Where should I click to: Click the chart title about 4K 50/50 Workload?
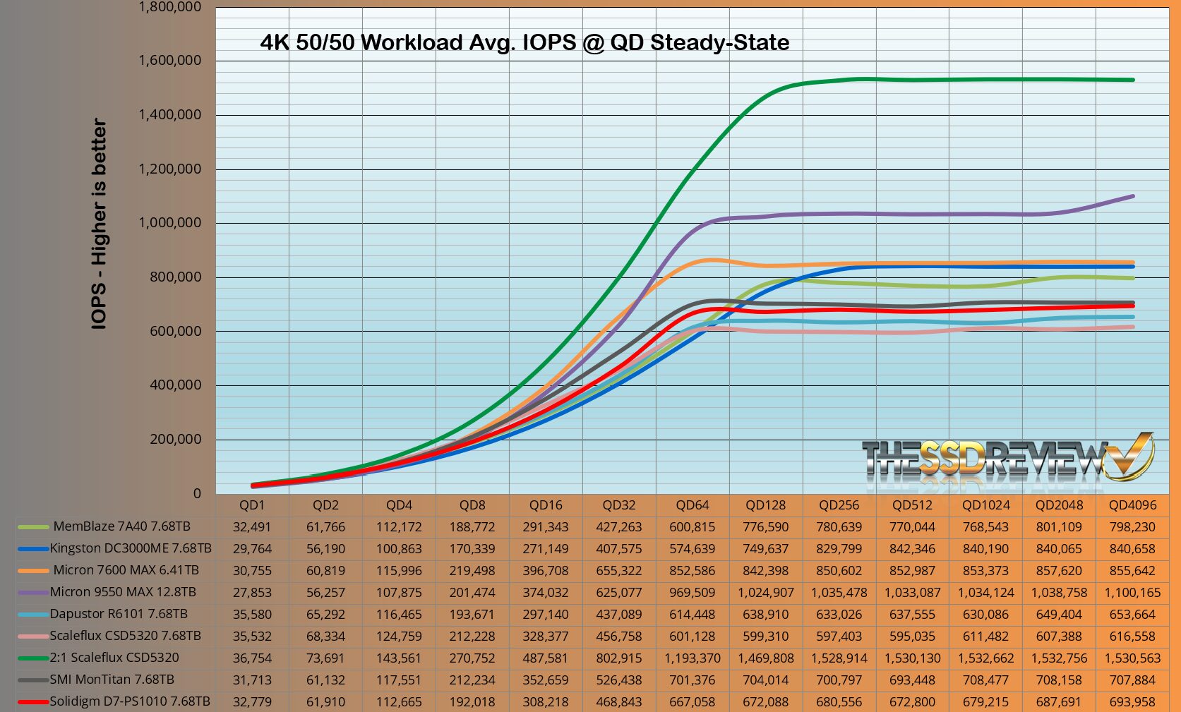click(524, 42)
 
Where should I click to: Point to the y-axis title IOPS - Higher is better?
click(100, 224)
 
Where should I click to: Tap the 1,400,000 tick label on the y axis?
click(169, 114)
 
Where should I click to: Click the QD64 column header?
click(692, 505)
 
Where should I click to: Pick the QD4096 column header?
click(1132, 505)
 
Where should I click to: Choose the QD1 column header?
click(252, 505)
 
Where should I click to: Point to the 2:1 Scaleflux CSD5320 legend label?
click(114, 658)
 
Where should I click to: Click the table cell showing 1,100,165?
click(1132, 593)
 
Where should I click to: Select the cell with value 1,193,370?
click(692, 658)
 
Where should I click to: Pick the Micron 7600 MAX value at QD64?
click(692, 571)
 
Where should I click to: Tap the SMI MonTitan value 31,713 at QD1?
click(252, 680)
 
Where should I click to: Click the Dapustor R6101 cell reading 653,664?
click(1132, 615)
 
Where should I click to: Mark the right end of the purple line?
click(1132, 196)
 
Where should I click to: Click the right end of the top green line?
click(1132, 80)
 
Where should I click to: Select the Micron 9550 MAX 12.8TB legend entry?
click(122, 592)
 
